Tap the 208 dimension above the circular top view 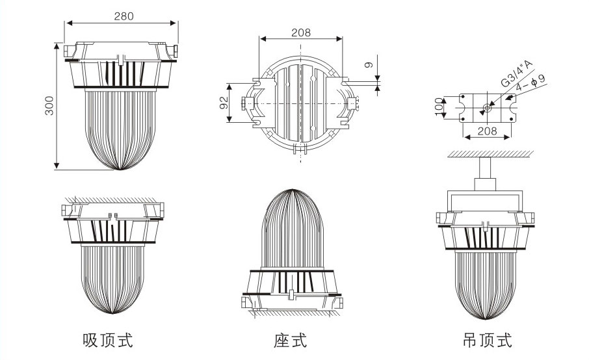300,32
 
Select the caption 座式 290,339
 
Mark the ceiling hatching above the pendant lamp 491,153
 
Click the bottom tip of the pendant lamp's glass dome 485,320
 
